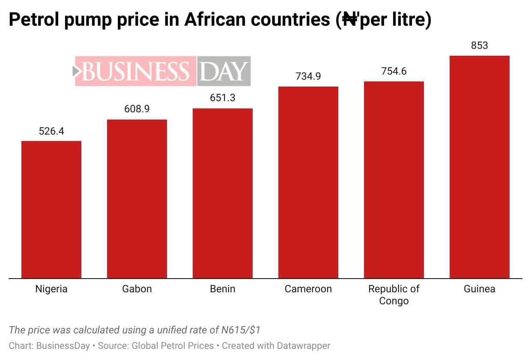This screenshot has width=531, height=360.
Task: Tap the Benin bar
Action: pos(223,193)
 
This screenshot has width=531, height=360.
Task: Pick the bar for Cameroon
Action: pos(308,182)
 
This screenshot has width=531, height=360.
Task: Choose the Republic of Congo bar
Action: pos(394,180)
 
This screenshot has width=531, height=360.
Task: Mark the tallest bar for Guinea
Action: pos(480,167)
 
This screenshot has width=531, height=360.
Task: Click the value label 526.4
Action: pos(51,131)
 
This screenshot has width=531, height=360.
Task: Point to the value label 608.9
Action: pos(137,109)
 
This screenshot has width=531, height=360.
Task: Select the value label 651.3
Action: pos(223,98)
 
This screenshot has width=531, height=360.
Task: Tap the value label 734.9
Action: pos(308,76)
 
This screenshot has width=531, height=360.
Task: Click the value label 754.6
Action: pos(394,71)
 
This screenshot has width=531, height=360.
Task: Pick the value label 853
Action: pos(480,45)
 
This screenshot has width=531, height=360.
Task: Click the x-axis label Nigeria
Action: pos(51,289)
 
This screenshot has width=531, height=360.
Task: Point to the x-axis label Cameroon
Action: pos(308,289)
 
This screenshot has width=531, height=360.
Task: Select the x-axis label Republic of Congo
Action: pos(394,295)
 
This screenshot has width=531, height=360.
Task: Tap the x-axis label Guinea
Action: pos(480,289)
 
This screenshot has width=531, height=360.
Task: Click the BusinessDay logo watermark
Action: pos(162,71)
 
